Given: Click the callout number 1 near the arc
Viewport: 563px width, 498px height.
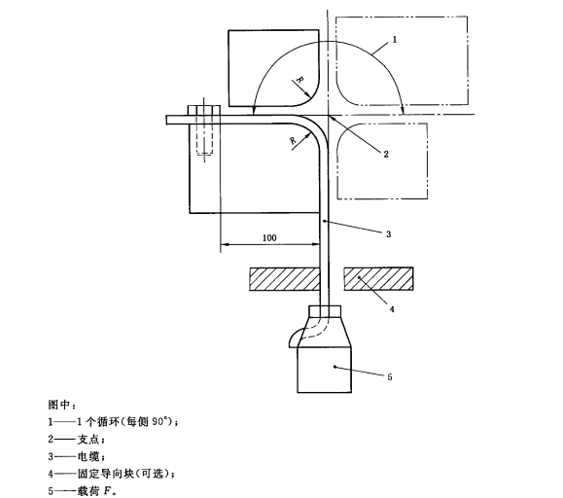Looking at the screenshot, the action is (x=394, y=40).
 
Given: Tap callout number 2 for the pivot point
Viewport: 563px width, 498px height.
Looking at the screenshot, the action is (x=386, y=154).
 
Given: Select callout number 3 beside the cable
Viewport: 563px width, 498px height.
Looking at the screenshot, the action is (x=389, y=234).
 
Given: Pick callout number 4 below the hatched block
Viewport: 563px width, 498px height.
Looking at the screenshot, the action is (x=392, y=308).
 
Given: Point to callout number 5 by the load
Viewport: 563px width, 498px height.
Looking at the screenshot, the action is (x=390, y=377).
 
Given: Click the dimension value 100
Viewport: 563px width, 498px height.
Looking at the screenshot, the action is (x=269, y=237).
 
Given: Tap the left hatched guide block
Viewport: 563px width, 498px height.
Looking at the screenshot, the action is (x=284, y=279).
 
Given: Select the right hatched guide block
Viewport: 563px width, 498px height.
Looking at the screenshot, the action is (x=378, y=279).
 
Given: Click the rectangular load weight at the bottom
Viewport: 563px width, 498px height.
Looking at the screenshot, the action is (x=324, y=370).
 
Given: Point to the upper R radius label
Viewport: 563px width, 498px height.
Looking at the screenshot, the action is (x=299, y=81).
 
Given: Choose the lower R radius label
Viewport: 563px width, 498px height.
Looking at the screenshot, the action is (x=294, y=140).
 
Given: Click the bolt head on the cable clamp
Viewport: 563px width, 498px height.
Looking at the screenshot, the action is (x=204, y=110).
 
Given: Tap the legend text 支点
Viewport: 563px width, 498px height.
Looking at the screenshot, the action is (x=88, y=439).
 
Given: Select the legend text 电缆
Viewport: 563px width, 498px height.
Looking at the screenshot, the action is (x=88, y=456).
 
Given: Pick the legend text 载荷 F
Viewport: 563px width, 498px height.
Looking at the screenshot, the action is (x=95, y=491).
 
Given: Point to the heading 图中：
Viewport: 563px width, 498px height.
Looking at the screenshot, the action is (x=62, y=405).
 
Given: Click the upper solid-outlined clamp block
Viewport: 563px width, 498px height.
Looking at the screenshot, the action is (x=273, y=68).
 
